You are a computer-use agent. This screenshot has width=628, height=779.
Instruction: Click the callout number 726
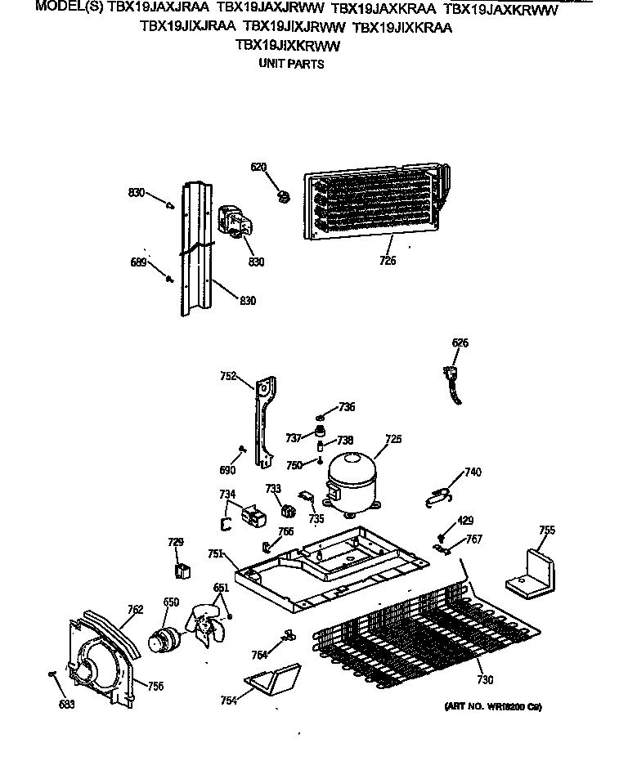tap(388, 261)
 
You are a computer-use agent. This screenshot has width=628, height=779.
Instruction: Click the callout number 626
tap(460, 342)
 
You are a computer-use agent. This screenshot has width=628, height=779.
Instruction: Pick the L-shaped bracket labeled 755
tap(531, 571)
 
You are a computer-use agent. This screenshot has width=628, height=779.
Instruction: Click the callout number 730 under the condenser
tap(485, 680)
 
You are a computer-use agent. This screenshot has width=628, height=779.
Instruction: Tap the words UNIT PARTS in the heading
tap(291, 64)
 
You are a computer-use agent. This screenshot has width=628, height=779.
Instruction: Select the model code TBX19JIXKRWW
tap(287, 46)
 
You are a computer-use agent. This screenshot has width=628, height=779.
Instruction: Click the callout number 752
tap(228, 376)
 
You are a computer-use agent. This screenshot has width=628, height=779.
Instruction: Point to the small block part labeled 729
tap(182, 569)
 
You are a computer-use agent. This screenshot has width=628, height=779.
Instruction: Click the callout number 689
tap(138, 262)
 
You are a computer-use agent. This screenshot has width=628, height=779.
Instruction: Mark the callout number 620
tap(258, 168)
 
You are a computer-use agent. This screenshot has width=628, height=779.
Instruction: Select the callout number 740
tap(473, 472)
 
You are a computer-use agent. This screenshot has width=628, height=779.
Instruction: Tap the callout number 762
tap(135, 609)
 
